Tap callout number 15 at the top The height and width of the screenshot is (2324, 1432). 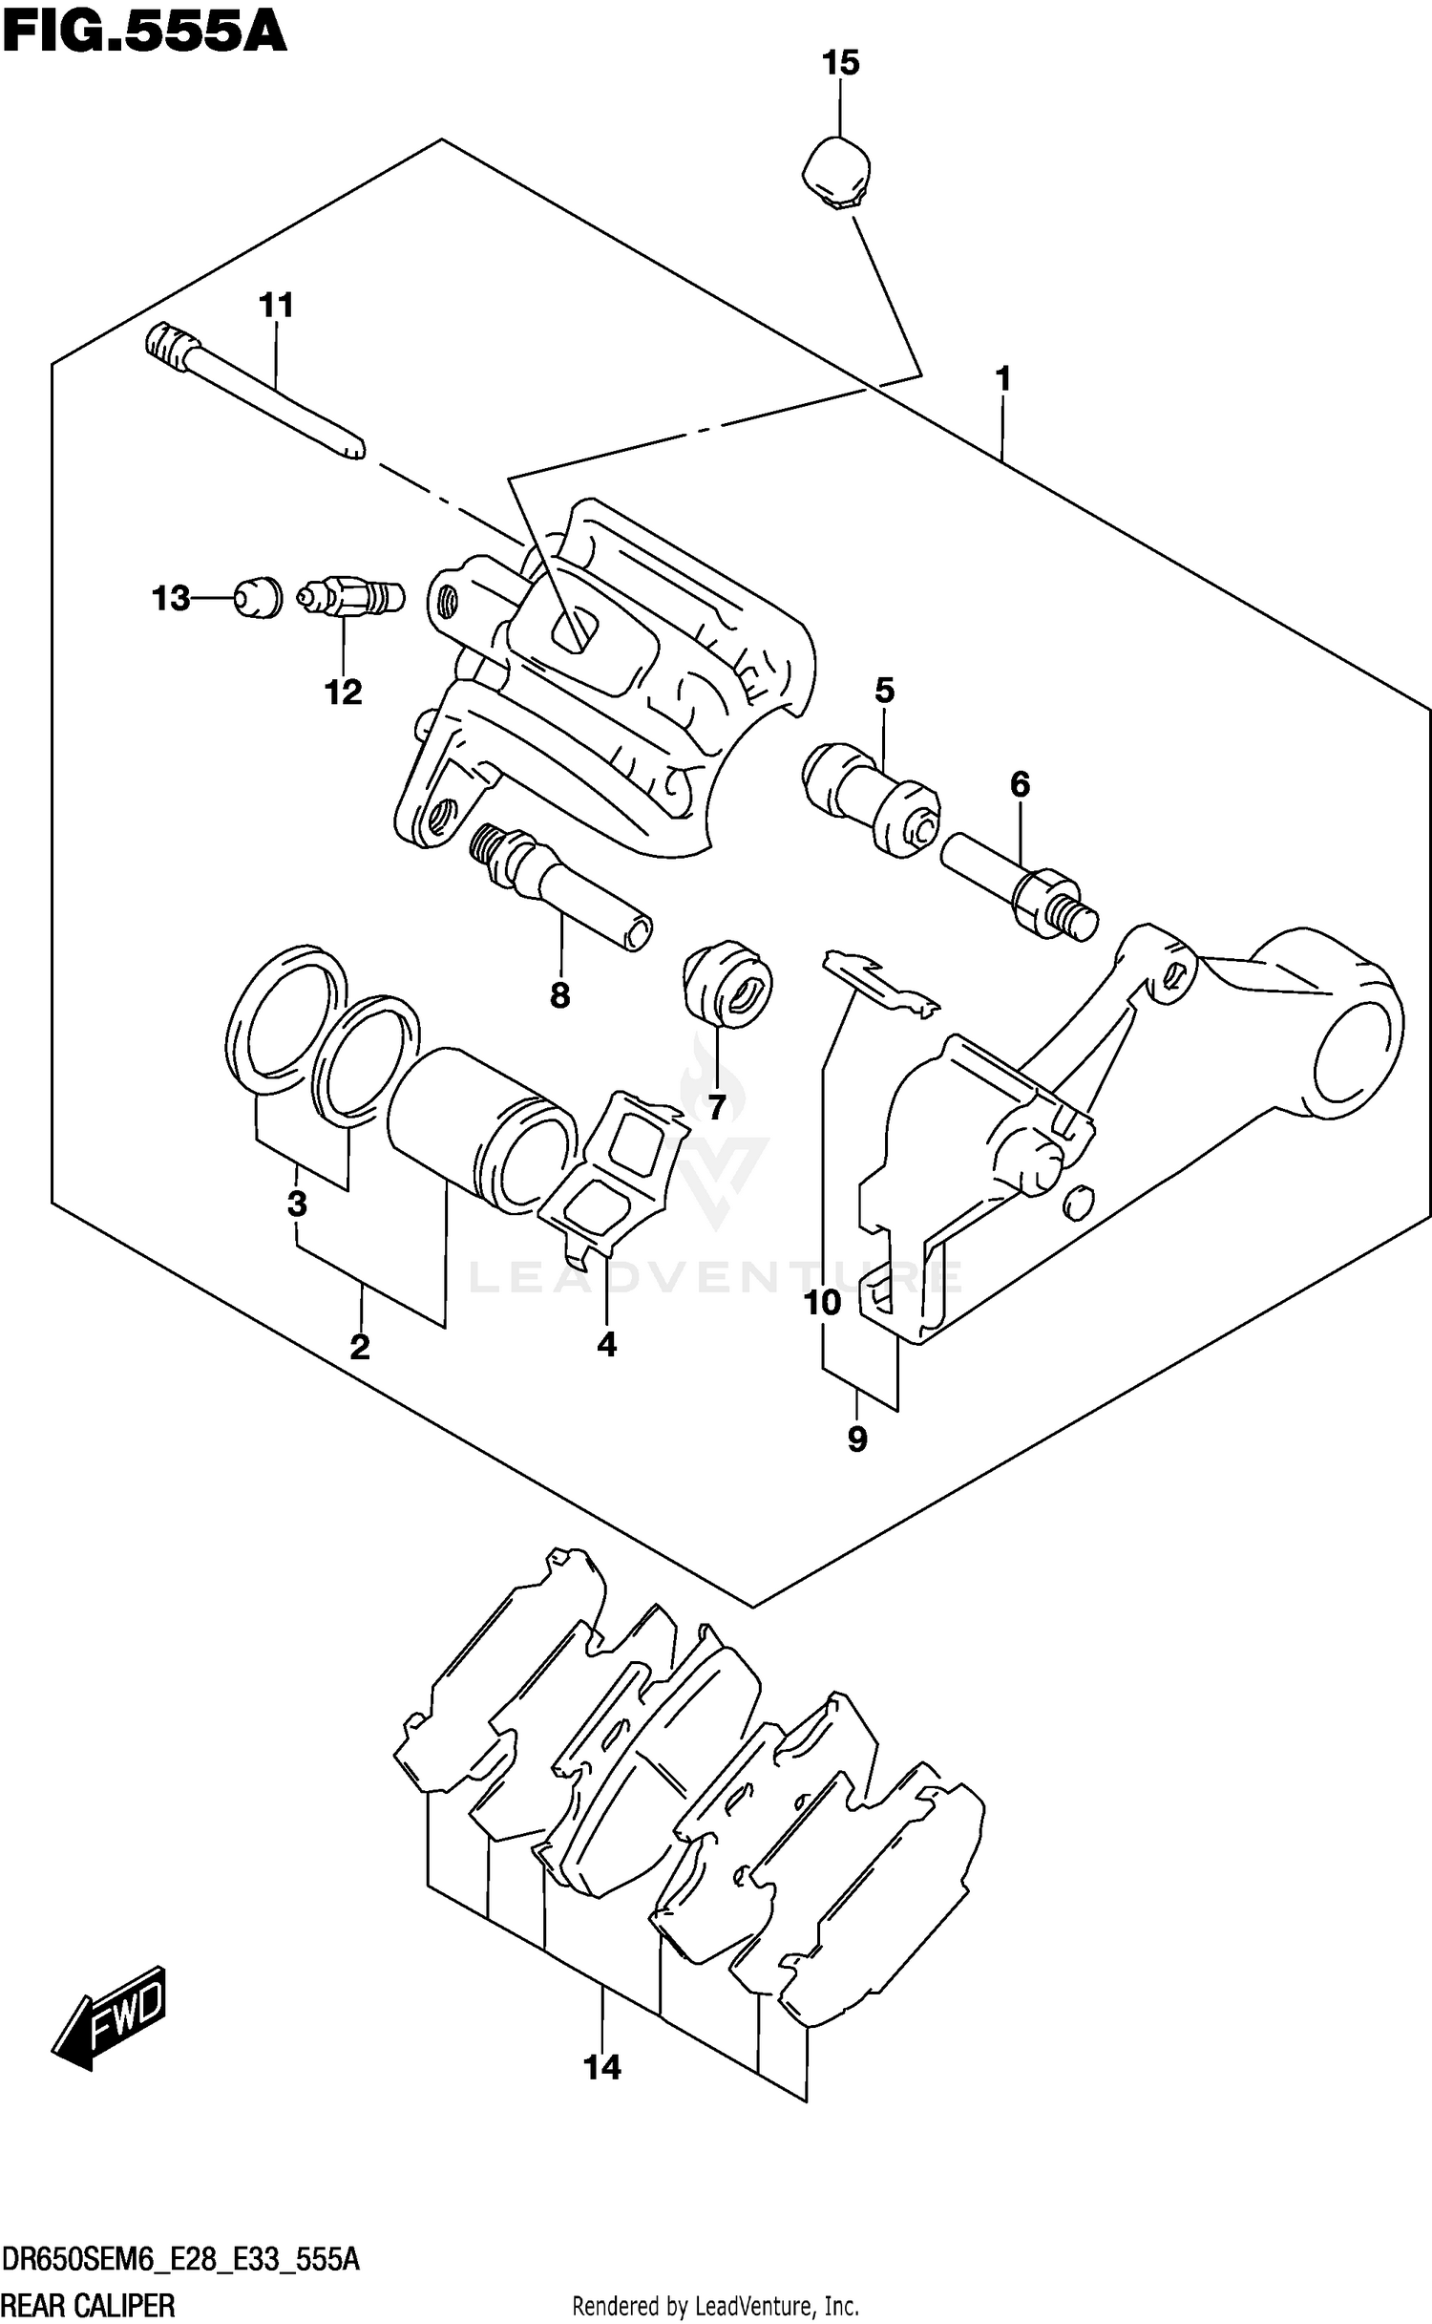click(x=840, y=63)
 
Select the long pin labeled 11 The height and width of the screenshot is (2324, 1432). click(x=256, y=393)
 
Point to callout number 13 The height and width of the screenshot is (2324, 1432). click(x=171, y=599)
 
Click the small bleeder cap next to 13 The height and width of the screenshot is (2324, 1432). click(x=257, y=597)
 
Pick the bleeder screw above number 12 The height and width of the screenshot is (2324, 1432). click(x=350, y=598)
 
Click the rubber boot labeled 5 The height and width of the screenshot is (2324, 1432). click(x=869, y=800)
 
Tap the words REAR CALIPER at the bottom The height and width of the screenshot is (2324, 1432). click(x=88, y=2305)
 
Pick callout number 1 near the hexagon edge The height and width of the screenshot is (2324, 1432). click(x=1001, y=379)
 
